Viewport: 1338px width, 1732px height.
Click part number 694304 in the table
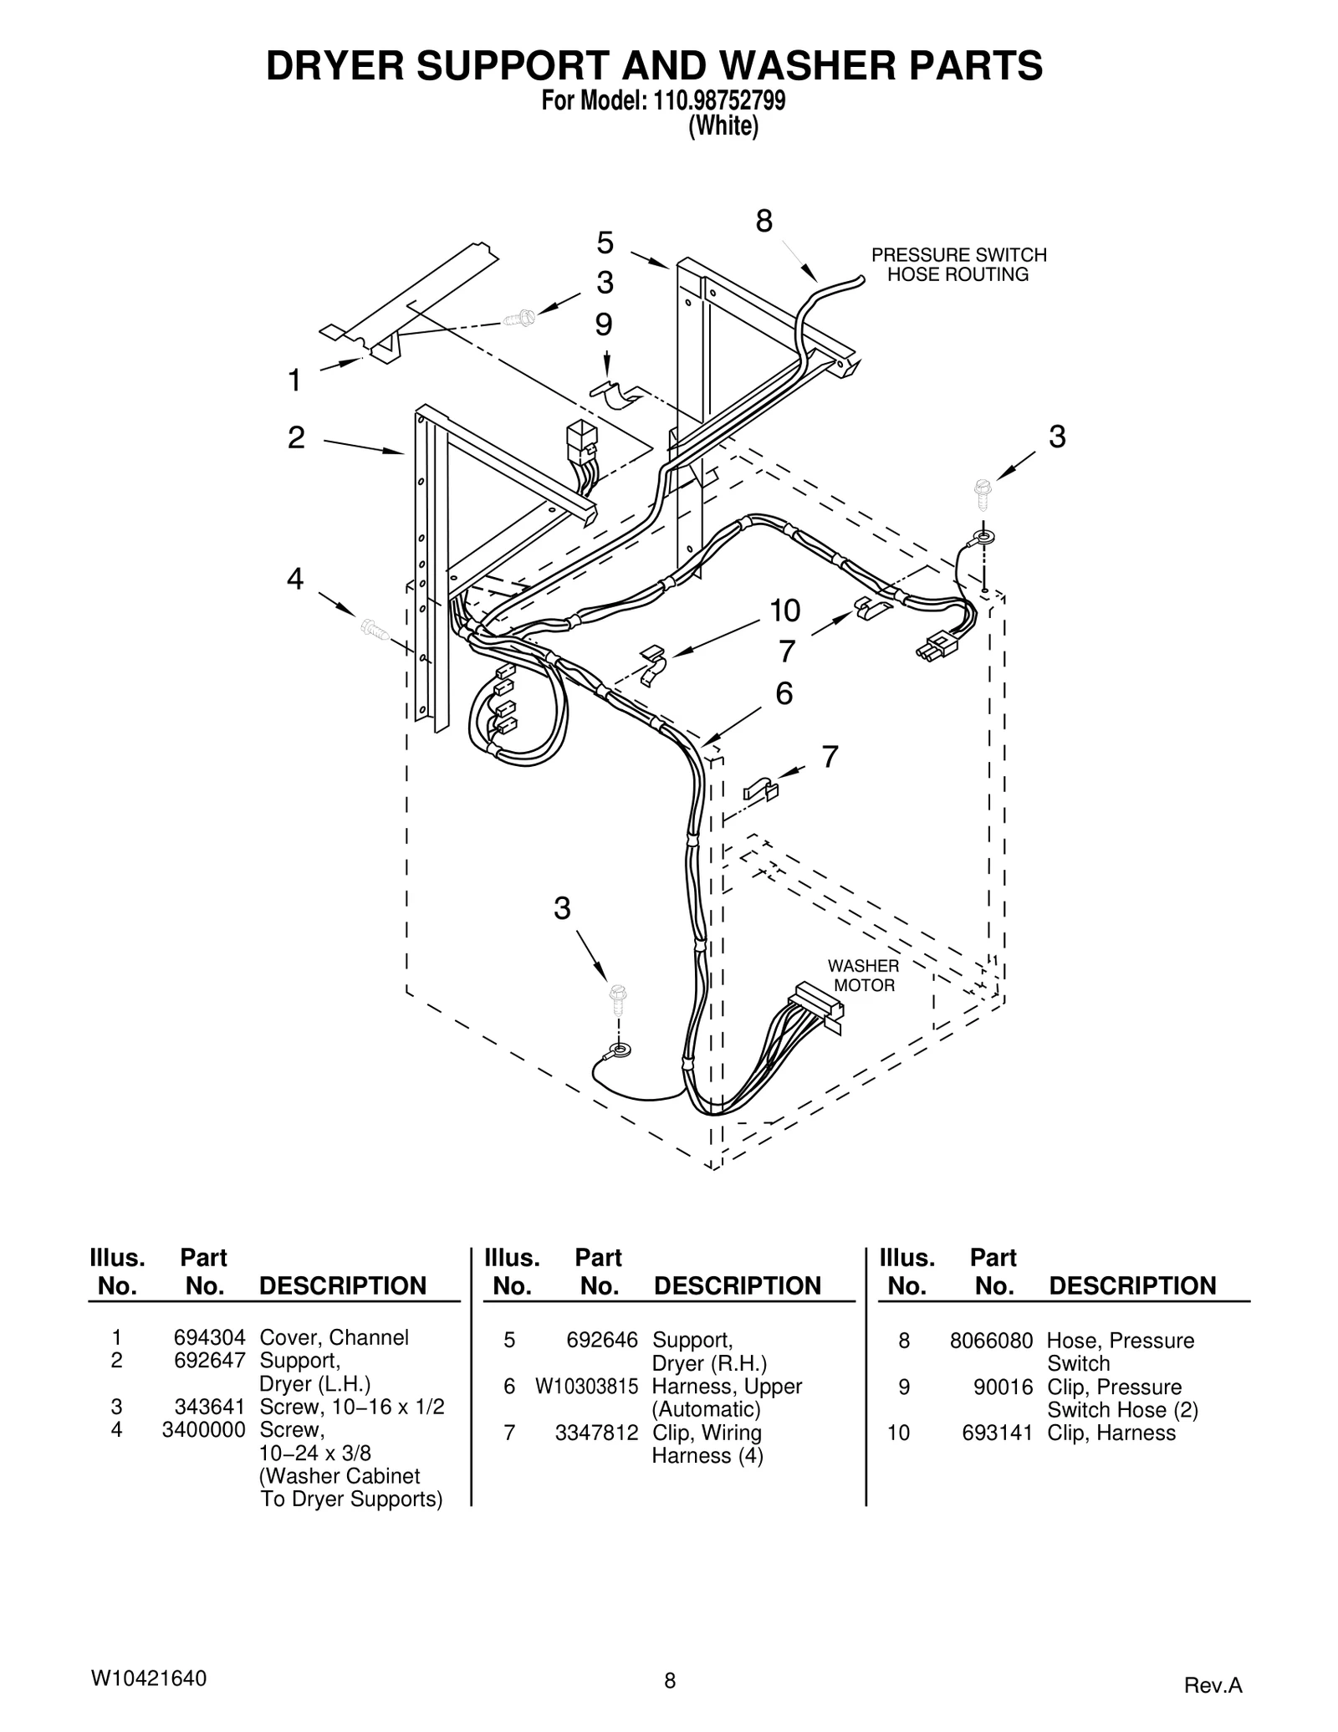[x=209, y=1337]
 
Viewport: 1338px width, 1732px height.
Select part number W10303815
[x=586, y=1386]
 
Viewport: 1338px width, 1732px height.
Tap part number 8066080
[x=991, y=1341]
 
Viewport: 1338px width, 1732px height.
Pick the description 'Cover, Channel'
[x=334, y=1337]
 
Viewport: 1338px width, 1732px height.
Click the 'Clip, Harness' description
[x=1111, y=1433]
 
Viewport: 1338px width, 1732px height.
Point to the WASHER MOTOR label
[x=864, y=976]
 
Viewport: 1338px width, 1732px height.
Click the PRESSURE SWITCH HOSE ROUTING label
[x=958, y=264]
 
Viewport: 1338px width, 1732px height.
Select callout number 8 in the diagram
[x=763, y=222]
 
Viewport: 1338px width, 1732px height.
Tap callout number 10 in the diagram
[x=784, y=611]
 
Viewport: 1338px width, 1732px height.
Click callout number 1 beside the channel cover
[x=294, y=381]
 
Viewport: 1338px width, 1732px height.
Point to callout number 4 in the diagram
[x=295, y=579]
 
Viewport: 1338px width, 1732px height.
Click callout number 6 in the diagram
[x=784, y=693]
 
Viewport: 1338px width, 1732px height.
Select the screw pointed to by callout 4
[x=374, y=629]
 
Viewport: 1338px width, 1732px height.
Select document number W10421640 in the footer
[x=148, y=1678]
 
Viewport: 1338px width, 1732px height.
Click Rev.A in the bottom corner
[x=1213, y=1686]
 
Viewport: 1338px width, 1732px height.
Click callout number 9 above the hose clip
[x=604, y=324]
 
